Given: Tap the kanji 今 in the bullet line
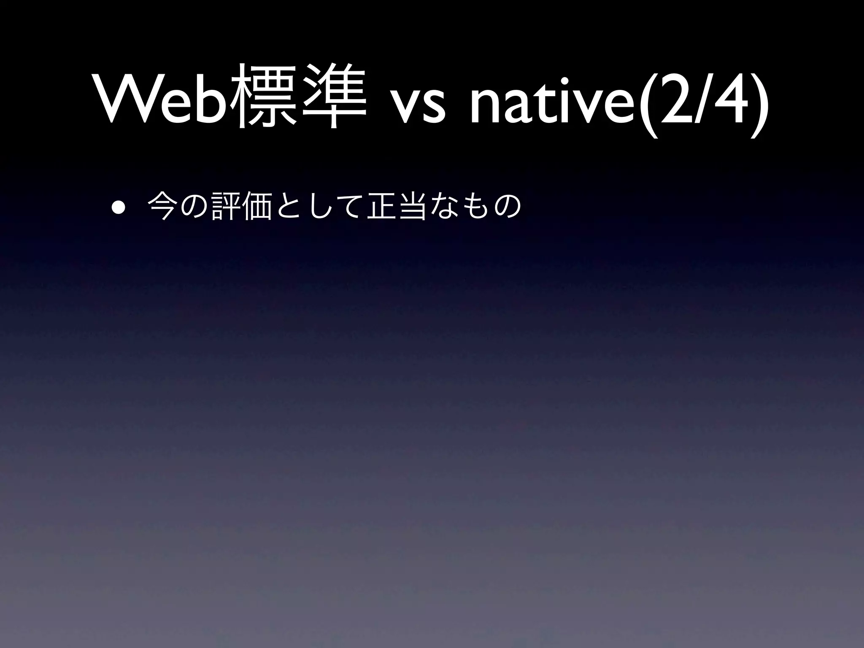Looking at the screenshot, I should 162,206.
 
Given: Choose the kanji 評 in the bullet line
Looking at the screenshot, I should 224,206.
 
